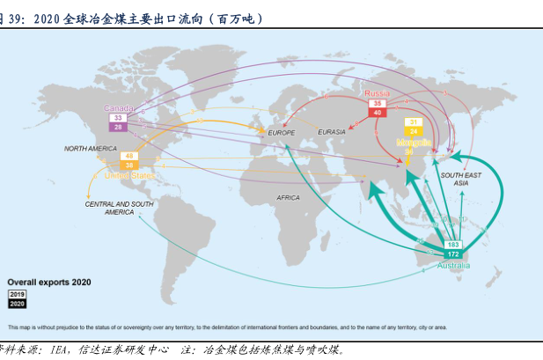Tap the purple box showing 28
tap(118, 127)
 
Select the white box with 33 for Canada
tap(118, 117)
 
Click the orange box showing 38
tap(129, 165)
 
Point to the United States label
tap(129, 175)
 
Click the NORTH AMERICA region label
tap(90, 148)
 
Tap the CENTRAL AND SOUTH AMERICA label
tap(120, 208)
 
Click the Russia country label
tap(377, 93)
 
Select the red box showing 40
tap(377, 113)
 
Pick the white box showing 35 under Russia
tap(377, 103)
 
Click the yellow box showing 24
tap(414, 131)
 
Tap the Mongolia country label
tap(414, 142)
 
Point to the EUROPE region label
tap(282, 132)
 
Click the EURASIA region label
tap(332, 132)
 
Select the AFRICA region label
tap(288, 198)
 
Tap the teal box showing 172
tap(454, 254)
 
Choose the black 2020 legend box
tap(18, 303)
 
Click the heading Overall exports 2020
tap(49, 283)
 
